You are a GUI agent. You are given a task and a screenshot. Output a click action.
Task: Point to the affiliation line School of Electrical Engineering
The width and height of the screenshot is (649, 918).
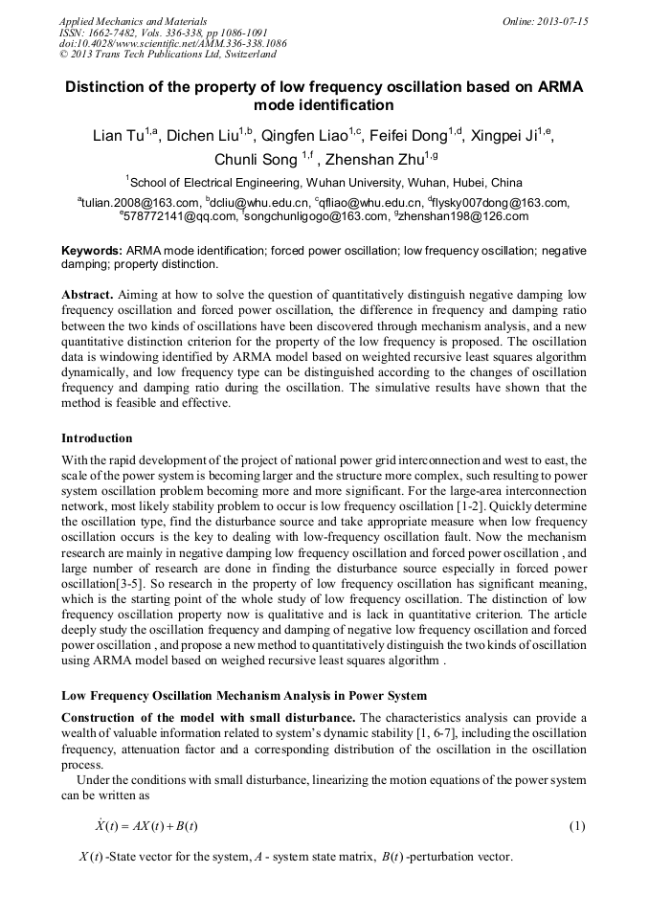(325, 182)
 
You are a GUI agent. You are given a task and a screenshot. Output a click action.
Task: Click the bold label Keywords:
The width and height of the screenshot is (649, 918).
(92, 250)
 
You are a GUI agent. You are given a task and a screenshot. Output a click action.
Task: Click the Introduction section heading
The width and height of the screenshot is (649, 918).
(97, 438)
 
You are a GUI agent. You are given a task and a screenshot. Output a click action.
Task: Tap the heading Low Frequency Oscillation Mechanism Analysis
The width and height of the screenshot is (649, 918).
(244, 695)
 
